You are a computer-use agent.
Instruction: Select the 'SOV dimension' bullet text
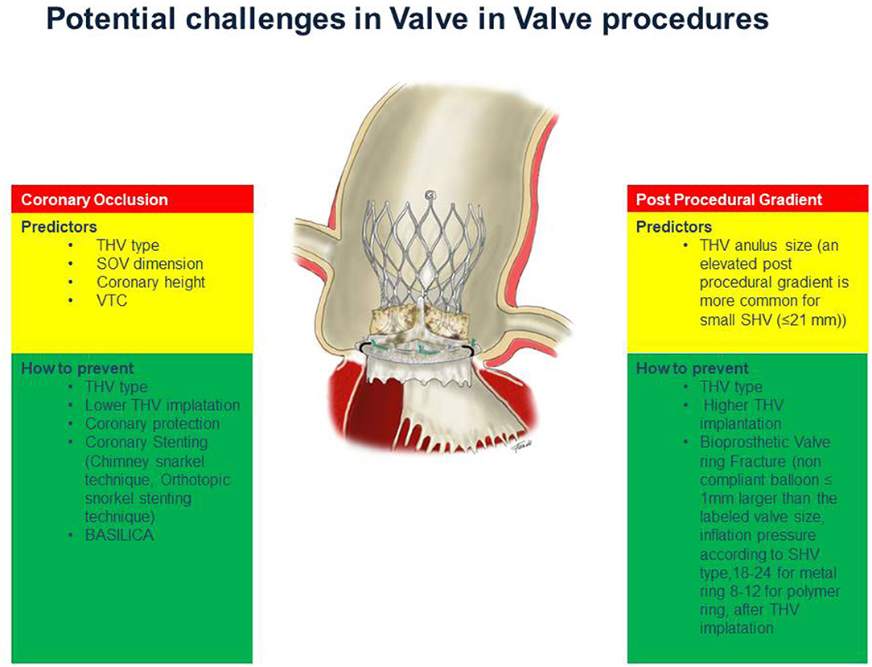[150, 264]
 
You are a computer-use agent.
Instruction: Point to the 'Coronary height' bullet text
[150, 282]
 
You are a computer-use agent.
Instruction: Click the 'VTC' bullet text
[112, 300]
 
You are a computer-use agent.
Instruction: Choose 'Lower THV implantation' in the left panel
[162, 406]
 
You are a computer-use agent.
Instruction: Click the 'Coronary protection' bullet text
[152, 424]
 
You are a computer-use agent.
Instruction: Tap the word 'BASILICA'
[119, 535]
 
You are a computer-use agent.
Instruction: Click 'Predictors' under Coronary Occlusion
[59, 227]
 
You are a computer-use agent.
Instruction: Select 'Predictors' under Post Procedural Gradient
[674, 227]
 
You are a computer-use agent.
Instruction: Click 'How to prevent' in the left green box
[77, 368]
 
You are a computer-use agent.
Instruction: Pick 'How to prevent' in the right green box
[693, 368]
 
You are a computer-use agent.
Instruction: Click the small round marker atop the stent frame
[430, 196]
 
